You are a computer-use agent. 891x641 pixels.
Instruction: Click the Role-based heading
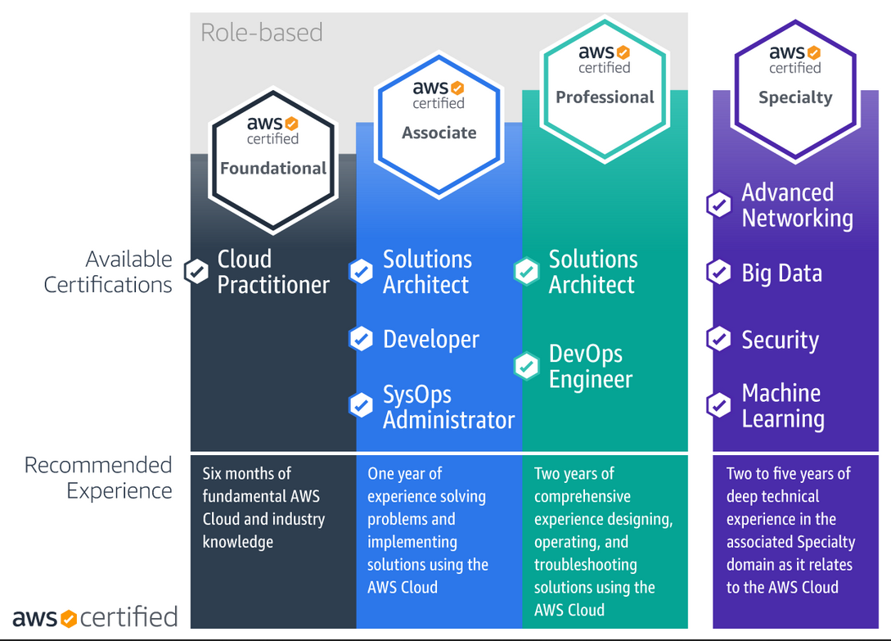261,33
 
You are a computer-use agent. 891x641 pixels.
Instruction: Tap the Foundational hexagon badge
273,160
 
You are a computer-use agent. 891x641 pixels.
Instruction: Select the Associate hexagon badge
439,125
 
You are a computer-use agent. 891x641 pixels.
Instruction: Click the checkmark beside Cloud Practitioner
196,271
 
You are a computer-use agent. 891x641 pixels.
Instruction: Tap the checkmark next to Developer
361,338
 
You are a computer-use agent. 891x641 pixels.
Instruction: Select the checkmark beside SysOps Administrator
361,405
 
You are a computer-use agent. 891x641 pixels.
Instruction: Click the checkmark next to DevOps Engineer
526,366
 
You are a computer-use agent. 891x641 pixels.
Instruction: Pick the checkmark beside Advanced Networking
719,204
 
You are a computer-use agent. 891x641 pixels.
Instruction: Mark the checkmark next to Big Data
719,272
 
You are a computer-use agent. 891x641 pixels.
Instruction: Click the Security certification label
781,340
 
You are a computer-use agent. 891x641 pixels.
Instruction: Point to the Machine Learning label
783,405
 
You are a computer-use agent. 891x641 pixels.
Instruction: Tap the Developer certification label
430,340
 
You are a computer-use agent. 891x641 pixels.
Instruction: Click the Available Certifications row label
108,272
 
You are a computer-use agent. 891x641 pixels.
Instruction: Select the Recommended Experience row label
97,478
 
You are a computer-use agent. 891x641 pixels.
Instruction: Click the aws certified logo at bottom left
95,617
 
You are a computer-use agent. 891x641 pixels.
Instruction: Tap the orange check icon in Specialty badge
814,53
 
